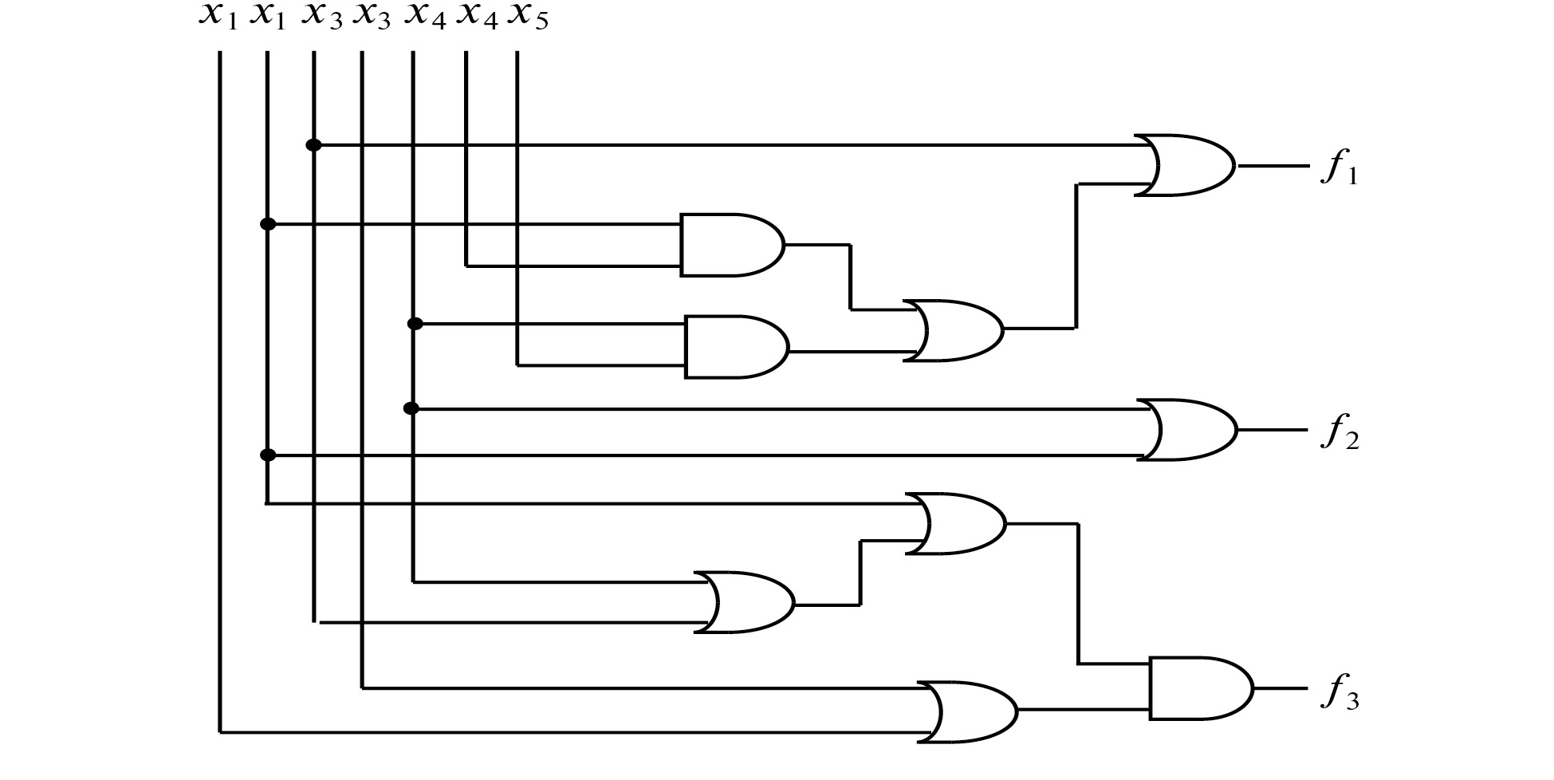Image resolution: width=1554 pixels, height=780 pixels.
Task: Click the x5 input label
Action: coord(529,17)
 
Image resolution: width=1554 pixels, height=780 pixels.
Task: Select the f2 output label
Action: coord(1340,433)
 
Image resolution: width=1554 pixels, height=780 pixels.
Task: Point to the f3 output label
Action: coord(1340,693)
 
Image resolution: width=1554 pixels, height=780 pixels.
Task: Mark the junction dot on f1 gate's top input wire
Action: coord(314,145)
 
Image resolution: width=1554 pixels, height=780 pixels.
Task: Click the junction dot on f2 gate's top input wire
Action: coord(411,408)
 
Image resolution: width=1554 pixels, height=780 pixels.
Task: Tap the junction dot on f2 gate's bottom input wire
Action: coord(268,455)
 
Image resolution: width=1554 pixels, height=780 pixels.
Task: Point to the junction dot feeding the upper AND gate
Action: coord(268,224)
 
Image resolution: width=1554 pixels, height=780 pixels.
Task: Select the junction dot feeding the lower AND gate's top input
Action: coord(415,323)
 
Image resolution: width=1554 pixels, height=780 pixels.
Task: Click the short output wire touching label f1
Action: coord(1273,166)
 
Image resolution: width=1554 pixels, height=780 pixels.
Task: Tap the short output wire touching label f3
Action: coord(1281,688)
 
